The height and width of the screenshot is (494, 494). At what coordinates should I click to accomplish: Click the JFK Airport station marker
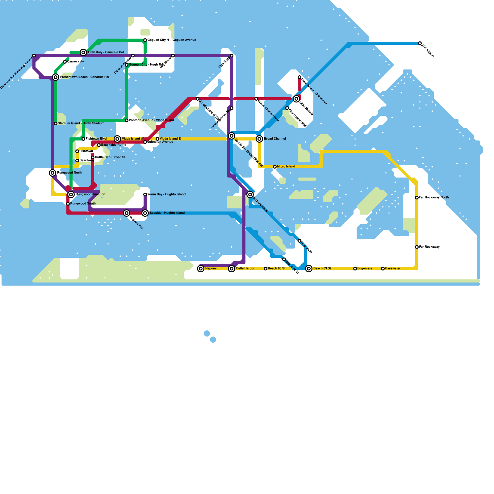(420, 43)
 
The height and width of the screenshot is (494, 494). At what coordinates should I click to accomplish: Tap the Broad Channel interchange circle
(259, 139)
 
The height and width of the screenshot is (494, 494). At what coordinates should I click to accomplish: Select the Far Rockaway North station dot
(417, 198)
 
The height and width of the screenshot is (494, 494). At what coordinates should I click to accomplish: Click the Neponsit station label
(212, 269)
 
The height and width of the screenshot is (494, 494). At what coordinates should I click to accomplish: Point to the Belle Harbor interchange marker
(232, 269)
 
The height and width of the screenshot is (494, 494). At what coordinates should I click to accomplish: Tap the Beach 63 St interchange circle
(309, 269)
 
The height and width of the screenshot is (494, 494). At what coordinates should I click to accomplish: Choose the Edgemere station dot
(355, 269)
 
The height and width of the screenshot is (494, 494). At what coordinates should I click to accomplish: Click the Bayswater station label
(393, 269)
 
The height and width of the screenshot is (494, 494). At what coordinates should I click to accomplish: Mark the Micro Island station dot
(275, 167)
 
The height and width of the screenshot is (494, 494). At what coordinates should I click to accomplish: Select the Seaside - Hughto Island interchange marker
(145, 213)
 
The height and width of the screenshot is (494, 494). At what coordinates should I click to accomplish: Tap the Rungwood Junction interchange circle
(71, 195)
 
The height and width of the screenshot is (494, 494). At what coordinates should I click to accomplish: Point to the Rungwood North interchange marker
(52, 173)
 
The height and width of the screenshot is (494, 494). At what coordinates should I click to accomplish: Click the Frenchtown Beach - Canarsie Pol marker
(56, 77)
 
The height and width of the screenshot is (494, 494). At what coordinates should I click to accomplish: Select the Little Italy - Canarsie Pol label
(106, 52)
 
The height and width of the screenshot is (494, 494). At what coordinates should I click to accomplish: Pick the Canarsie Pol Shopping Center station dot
(34, 56)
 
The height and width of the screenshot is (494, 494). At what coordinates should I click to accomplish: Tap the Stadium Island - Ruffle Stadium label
(81, 124)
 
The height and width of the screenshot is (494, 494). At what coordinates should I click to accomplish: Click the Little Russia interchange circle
(296, 99)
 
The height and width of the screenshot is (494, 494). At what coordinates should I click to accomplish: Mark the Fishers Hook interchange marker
(250, 195)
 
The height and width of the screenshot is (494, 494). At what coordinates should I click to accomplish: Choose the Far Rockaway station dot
(417, 247)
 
